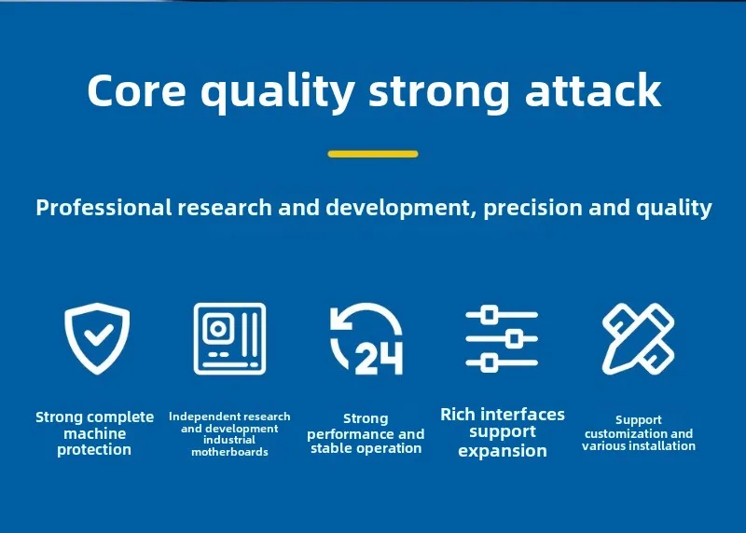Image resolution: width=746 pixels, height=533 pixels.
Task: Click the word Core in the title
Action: coord(136,89)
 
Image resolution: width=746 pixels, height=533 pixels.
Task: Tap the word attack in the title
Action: coord(593,89)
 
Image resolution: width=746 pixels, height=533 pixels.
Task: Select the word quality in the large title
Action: coord(278,93)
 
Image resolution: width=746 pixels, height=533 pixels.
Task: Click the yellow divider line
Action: coord(373,154)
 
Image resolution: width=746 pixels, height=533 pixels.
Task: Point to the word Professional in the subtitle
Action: coord(104,208)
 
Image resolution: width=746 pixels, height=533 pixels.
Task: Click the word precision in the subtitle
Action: coord(532,208)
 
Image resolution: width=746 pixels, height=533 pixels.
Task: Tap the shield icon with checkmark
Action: coord(97,338)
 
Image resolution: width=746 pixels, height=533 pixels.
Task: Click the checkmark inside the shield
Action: coord(99,335)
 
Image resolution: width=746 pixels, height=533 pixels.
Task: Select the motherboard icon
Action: coord(229,338)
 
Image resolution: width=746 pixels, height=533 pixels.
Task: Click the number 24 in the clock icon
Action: coord(380,359)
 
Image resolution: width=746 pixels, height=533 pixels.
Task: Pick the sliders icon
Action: coord(502,338)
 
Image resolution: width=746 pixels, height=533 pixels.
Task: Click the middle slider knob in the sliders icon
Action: coord(514,338)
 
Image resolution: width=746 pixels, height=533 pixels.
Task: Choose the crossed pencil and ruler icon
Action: coord(638,338)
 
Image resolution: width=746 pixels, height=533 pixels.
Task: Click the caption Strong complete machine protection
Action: coord(95,433)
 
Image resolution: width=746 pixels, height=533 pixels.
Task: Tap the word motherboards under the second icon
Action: coord(229,452)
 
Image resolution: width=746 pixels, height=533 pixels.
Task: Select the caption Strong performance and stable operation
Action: coord(366,433)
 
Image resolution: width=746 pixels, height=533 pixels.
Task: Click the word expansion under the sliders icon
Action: coord(503,451)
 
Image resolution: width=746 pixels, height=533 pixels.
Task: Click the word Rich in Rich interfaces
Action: coord(458,414)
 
